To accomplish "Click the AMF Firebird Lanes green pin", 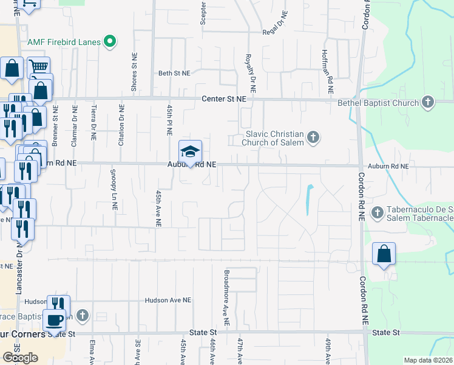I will pyautogui.click(x=110, y=41).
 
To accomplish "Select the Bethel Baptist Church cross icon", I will pyautogui.click(x=428, y=102).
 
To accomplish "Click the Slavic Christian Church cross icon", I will pyautogui.click(x=313, y=137).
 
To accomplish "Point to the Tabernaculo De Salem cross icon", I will pyautogui.click(x=377, y=212).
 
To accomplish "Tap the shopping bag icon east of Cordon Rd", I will pyautogui.click(x=384, y=254).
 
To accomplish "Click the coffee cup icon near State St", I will pyautogui.click(x=55, y=320).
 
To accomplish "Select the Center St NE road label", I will pyautogui.click(x=224, y=99).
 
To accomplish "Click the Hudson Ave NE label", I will pyautogui.click(x=168, y=301).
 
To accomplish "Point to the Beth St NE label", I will pyautogui.click(x=174, y=73).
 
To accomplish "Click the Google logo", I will pyautogui.click(x=20, y=358).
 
